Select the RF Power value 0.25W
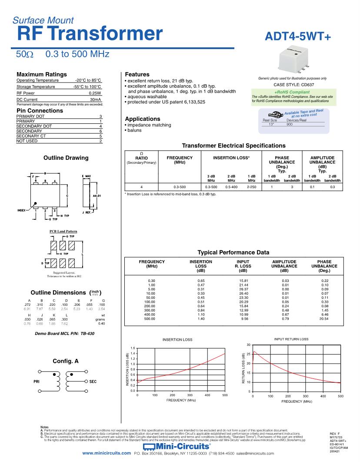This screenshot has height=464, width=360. pos(95,93)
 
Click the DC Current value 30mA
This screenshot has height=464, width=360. pos(96,99)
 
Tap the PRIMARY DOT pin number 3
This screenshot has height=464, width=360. pos(100,116)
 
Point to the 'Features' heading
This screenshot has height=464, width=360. pos(137,74)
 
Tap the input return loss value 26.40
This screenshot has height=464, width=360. pos(243,293)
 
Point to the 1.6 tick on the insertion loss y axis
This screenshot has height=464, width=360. pos(133,348)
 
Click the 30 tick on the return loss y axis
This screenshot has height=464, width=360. pos(249,345)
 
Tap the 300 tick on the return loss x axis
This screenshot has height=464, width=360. pos(305,396)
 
